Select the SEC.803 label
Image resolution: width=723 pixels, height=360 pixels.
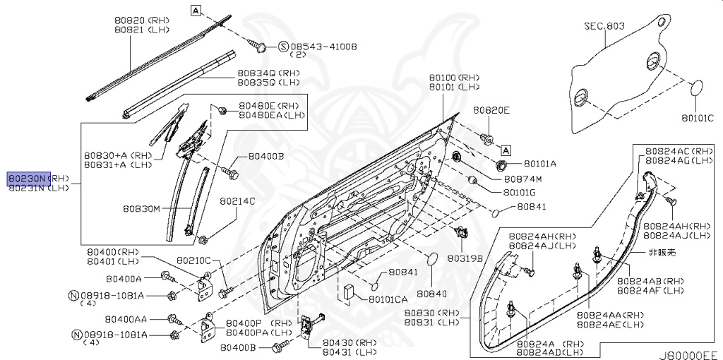point(604,26)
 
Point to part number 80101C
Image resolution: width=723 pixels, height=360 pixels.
point(698,117)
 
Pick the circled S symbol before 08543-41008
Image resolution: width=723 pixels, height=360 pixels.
point(283,47)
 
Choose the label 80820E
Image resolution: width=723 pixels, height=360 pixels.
point(491,111)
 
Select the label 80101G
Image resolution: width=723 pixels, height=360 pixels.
point(520,192)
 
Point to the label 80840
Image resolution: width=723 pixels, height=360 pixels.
point(433,293)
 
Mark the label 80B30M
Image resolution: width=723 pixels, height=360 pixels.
point(141,209)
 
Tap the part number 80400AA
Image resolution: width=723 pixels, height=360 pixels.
point(127,319)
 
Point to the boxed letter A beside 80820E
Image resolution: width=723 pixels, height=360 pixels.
point(506,149)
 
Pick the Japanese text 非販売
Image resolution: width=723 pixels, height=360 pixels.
point(662,252)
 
